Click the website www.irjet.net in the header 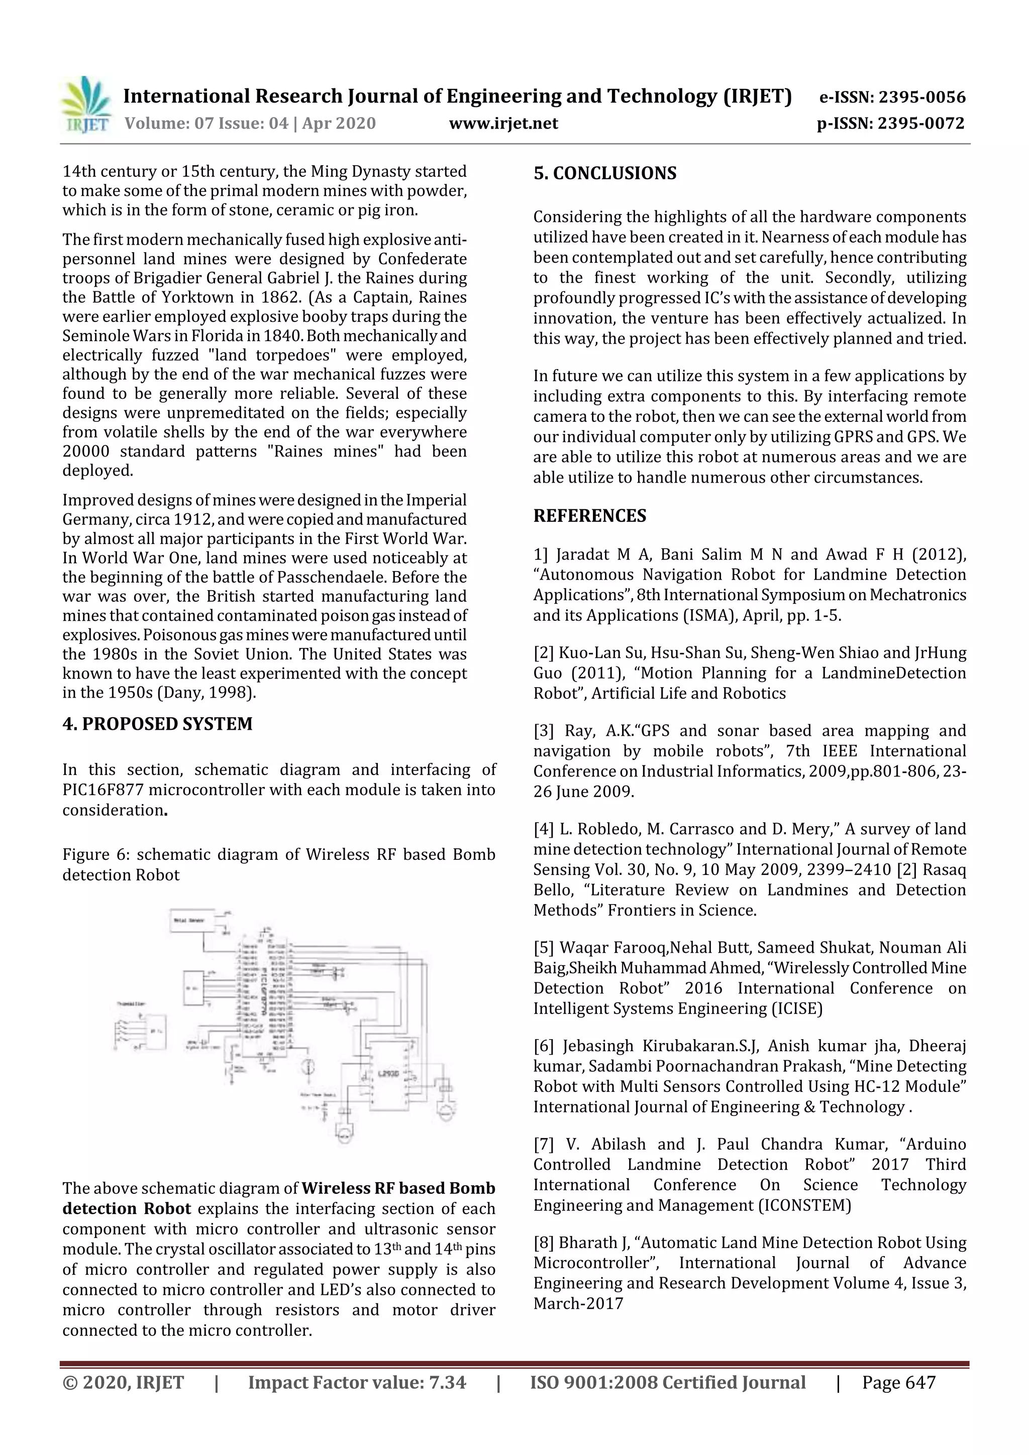pyautogui.click(x=503, y=124)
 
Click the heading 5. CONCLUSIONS pyautogui.click(x=605, y=174)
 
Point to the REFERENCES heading pyautogui.click(x=590, y=516)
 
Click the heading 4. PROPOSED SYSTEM pyautogui.click(x=157, y=724)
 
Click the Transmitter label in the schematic pyautogui.click(x=131, y=1004)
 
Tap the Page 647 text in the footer pyautogui.click(x=898, y=1383)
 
